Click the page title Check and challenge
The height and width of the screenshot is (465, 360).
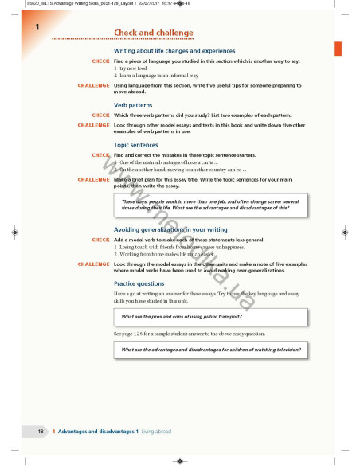coord(146,32)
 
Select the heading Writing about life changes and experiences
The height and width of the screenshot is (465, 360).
coord(163,51)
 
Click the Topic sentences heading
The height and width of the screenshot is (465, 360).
coord(137,145)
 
